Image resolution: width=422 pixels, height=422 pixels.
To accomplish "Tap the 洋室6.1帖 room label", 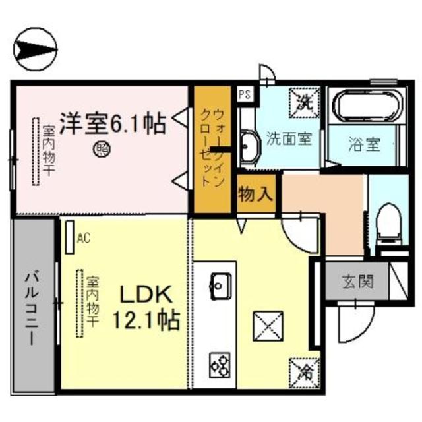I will click(113, 123).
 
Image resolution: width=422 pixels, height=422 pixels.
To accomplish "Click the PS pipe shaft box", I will click(245, 93).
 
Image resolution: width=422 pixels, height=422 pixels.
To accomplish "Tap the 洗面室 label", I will click(288, 139).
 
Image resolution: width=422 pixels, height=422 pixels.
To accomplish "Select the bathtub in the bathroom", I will click(362, 105).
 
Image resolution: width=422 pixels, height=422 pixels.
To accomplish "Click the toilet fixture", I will click(387, 224).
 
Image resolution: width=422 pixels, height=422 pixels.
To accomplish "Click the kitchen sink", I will click(220, 285).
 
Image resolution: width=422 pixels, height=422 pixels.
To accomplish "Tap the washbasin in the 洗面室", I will click(249, 146).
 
